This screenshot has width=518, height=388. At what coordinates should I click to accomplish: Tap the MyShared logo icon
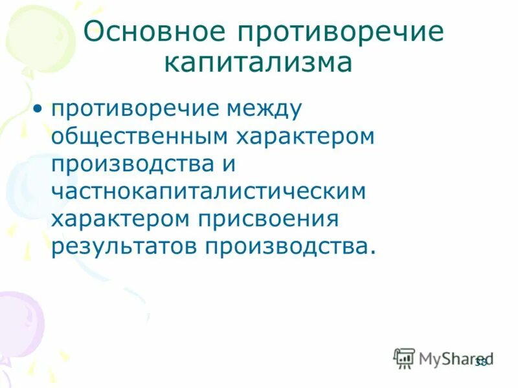[404, 358]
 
